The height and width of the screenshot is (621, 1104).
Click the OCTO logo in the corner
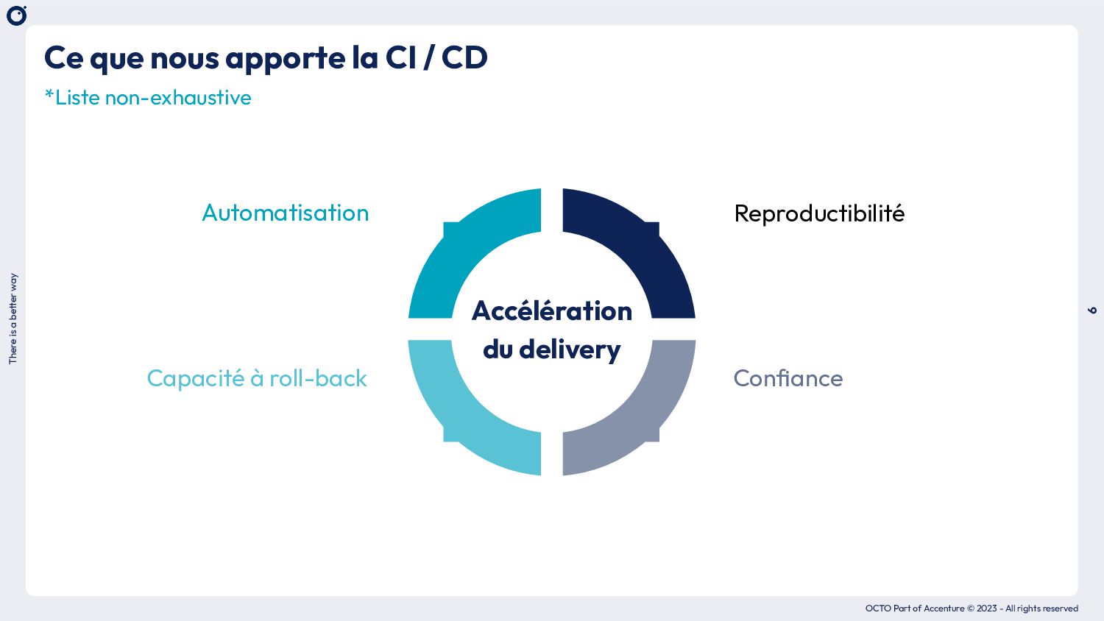click(16, 15)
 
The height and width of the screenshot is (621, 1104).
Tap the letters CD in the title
click(464, 57)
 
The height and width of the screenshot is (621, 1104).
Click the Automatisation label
click(286, 213)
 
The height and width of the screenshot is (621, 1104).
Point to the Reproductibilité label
click(819, 213)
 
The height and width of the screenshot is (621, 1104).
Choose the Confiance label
click(788, 378)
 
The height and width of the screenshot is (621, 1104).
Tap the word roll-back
click(318, 378)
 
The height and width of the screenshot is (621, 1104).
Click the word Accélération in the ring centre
click(552, 310)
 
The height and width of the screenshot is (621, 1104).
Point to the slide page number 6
click(1092, 310)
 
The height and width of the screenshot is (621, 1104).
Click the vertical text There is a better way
click(13, 319)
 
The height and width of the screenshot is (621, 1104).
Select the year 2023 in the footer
click(987, 608)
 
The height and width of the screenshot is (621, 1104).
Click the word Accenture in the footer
click(944, 608)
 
